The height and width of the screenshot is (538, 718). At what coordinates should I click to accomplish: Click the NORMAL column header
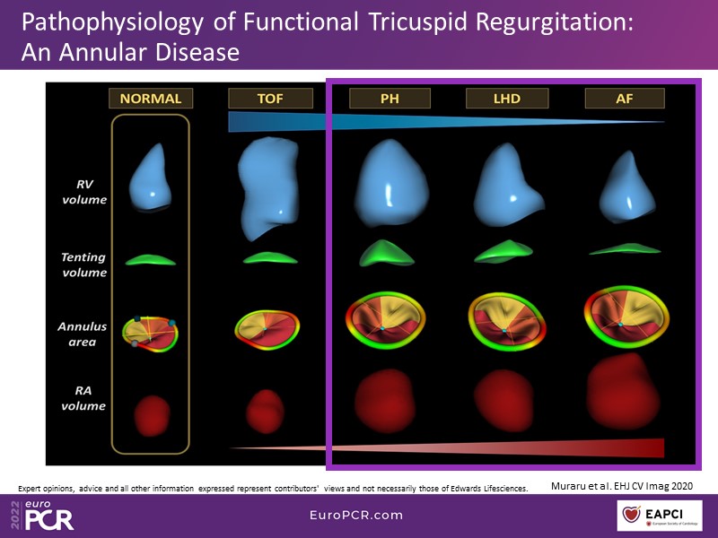coord(151,99)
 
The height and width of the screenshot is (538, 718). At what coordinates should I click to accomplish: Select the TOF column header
coord(270,99)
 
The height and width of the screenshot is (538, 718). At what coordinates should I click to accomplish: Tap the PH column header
coord(390,99)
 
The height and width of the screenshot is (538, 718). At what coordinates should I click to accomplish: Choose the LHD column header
coord(507,99)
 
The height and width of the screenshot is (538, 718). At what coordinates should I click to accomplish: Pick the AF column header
coord(625,99)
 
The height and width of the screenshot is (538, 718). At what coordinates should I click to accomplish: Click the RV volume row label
coord(84,192)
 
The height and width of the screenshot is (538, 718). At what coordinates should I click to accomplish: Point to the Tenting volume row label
coord(84,265)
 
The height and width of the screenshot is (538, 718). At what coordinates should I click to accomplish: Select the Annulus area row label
coord(83,334)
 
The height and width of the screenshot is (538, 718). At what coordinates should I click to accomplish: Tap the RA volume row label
coord(83,398)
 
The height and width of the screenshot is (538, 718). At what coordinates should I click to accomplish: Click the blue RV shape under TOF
coord(267,187)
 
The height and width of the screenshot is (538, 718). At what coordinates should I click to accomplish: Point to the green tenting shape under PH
coord(387,253)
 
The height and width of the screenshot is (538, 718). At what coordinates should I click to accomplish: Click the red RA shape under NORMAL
coord(153,415)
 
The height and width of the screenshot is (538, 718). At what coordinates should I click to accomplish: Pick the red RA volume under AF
coord(623,392)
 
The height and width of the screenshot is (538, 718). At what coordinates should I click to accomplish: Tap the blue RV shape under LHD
coord(507,186)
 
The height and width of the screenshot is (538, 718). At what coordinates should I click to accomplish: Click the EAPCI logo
coord(660,516)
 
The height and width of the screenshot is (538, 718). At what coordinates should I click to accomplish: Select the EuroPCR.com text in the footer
coord(356,515)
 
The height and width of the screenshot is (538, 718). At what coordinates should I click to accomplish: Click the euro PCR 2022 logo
coord(42,515)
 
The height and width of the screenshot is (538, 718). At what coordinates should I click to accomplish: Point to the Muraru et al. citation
coord(622,486)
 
